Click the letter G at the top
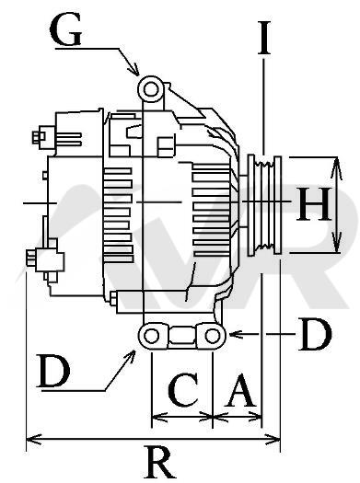[65, 29]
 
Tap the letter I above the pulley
[264, 38]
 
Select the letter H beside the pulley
[314, 204]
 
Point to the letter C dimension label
[183, 389]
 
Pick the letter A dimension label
[240, 391]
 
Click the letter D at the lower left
[53, 371]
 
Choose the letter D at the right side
[315, 334]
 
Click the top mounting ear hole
[151, 89]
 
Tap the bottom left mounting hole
[151, 336]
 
